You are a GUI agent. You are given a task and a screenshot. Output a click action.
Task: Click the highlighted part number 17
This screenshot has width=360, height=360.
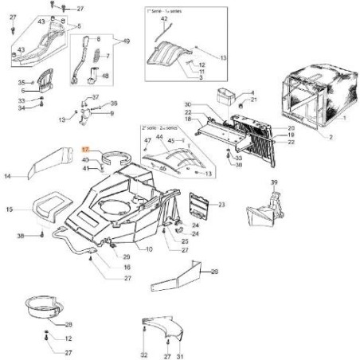[88, 150]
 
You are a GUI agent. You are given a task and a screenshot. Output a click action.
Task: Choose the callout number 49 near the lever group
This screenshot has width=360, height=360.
[126, 40]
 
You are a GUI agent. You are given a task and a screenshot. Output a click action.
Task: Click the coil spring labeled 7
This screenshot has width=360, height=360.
[98, 57]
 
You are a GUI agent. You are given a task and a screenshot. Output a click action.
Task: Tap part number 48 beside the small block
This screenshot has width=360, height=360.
[104, 76]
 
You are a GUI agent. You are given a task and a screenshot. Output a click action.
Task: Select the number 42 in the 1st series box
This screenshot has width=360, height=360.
[163, 18]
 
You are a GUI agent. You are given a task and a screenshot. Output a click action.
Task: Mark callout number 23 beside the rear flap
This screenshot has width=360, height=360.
[222, 205]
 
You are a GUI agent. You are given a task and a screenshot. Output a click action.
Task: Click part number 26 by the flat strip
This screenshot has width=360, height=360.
[213, 272]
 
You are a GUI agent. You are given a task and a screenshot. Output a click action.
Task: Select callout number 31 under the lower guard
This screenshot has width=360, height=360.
[181, 354]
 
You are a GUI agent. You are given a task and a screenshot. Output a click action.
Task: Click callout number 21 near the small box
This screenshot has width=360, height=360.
[255, 100]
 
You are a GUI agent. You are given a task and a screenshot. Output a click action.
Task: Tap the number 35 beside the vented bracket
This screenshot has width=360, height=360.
[22, 82]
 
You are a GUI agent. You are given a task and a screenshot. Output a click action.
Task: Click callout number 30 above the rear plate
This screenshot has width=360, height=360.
[188, 105]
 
